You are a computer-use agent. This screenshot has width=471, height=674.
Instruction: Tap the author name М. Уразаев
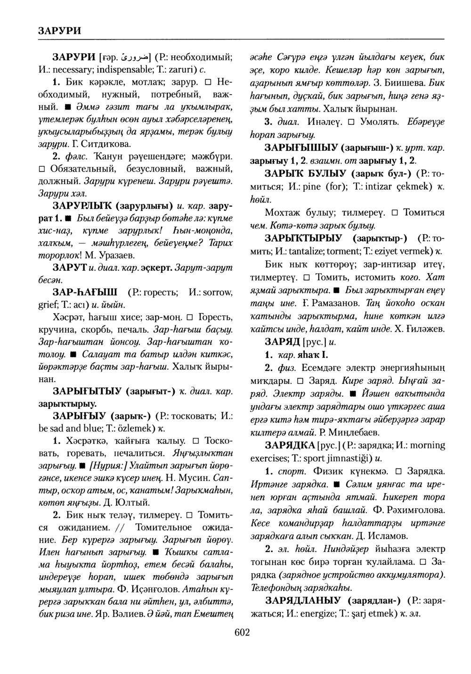tap(109, 255)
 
